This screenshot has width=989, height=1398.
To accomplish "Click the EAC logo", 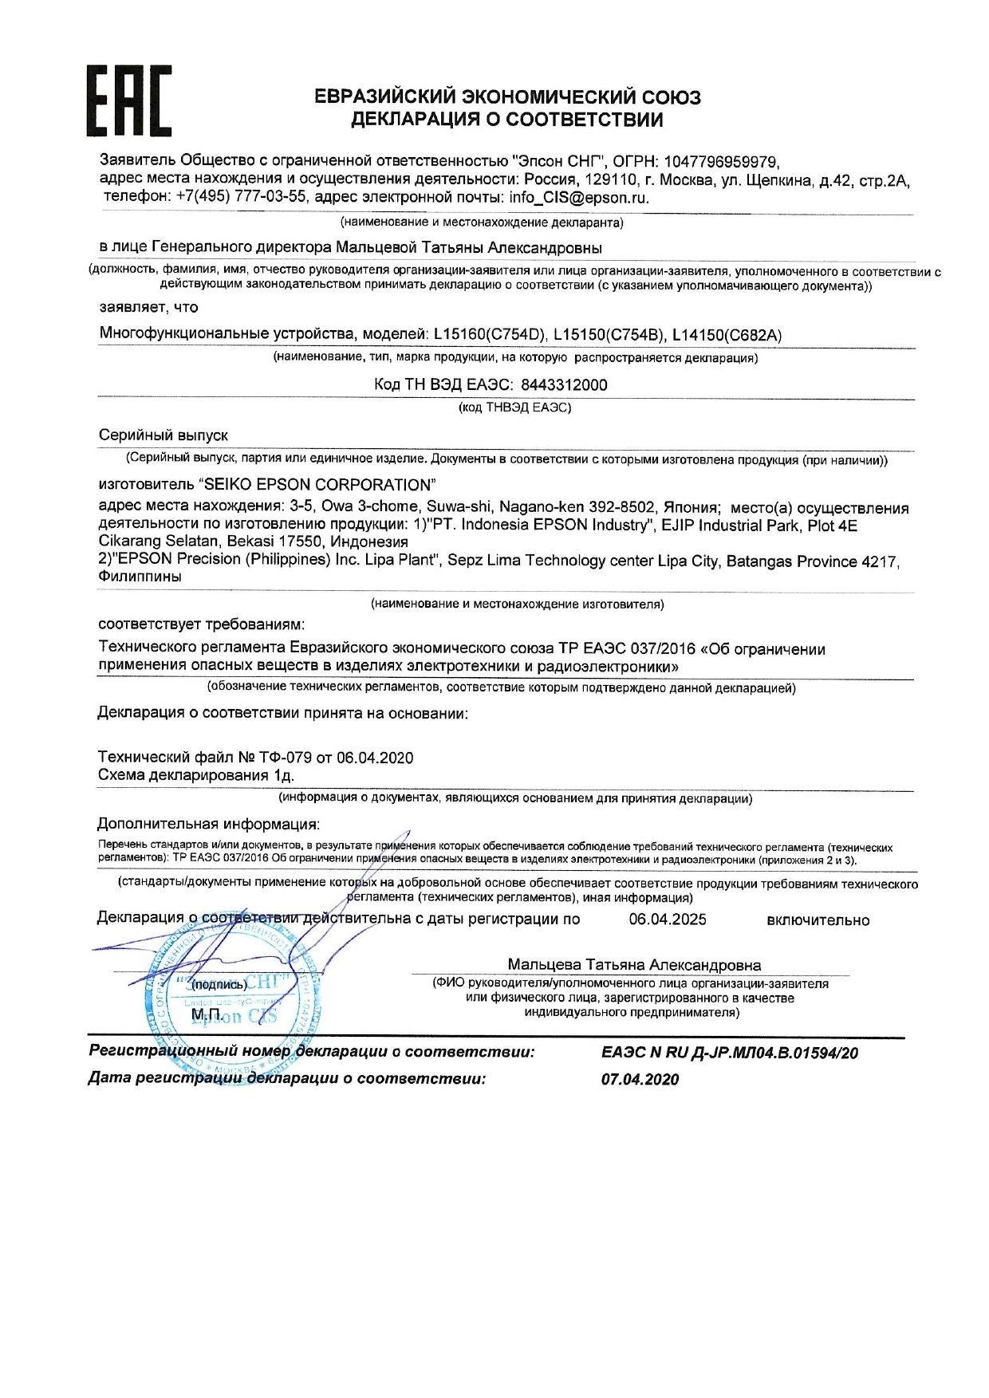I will point(128,100).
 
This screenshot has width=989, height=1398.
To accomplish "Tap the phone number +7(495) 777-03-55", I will point(241,197).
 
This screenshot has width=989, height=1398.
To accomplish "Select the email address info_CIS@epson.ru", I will point(579,198).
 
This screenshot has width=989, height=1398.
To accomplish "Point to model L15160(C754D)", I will point(490,334).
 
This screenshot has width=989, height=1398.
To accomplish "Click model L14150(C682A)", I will point(727,335).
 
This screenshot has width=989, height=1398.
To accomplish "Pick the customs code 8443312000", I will point(563,384).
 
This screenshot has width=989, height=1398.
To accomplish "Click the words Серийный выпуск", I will point(164,435).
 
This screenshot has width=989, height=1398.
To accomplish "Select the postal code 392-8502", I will point(622,507).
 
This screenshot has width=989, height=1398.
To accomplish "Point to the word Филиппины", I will point(140,577).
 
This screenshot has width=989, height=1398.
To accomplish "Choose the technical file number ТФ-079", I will point(285,758).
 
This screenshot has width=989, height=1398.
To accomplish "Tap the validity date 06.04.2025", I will point(667,920).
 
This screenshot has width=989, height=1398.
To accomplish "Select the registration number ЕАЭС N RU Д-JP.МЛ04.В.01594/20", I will point(729,1053).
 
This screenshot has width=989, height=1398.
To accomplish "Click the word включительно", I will point(818,920).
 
